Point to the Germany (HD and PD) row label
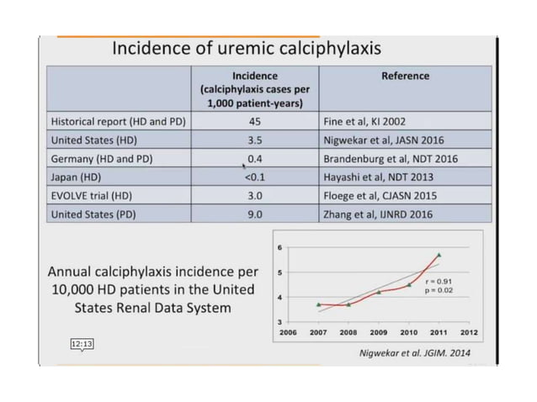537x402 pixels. [104, 158]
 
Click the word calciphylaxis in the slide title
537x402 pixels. [323, 48]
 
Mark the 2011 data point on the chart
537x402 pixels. [439, 255]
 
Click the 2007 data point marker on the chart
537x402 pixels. [318, 304]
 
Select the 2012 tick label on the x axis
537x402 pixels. [469, 332]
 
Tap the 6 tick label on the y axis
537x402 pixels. [279, 247]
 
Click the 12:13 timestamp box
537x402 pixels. [82, 344]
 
